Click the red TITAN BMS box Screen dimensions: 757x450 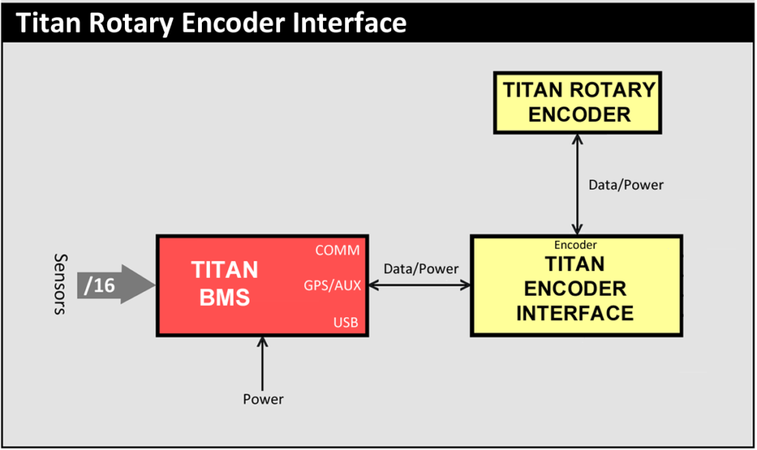(262, 285)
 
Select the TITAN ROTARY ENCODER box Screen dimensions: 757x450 (577, 103)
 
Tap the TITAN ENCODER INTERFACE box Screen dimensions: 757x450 (577, 285)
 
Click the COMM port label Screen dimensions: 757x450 (337, 250)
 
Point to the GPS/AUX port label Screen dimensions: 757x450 (332, 285)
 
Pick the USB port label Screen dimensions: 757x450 (346, 322)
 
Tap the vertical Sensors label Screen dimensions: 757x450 (60, 284)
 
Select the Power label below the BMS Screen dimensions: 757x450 (263, 399)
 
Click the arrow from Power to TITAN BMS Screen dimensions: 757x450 (262, 364)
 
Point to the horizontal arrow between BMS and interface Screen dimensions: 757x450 (420, 285)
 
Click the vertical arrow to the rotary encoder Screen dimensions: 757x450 (577, 184)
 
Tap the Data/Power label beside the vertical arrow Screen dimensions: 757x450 (625, 185)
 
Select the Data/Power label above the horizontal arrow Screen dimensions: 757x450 (421, 269)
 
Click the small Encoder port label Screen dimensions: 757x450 (575, 245)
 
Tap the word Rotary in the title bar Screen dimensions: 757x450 (131, 24)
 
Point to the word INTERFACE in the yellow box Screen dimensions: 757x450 (575, 313)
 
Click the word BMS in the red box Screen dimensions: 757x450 (225, 297)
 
